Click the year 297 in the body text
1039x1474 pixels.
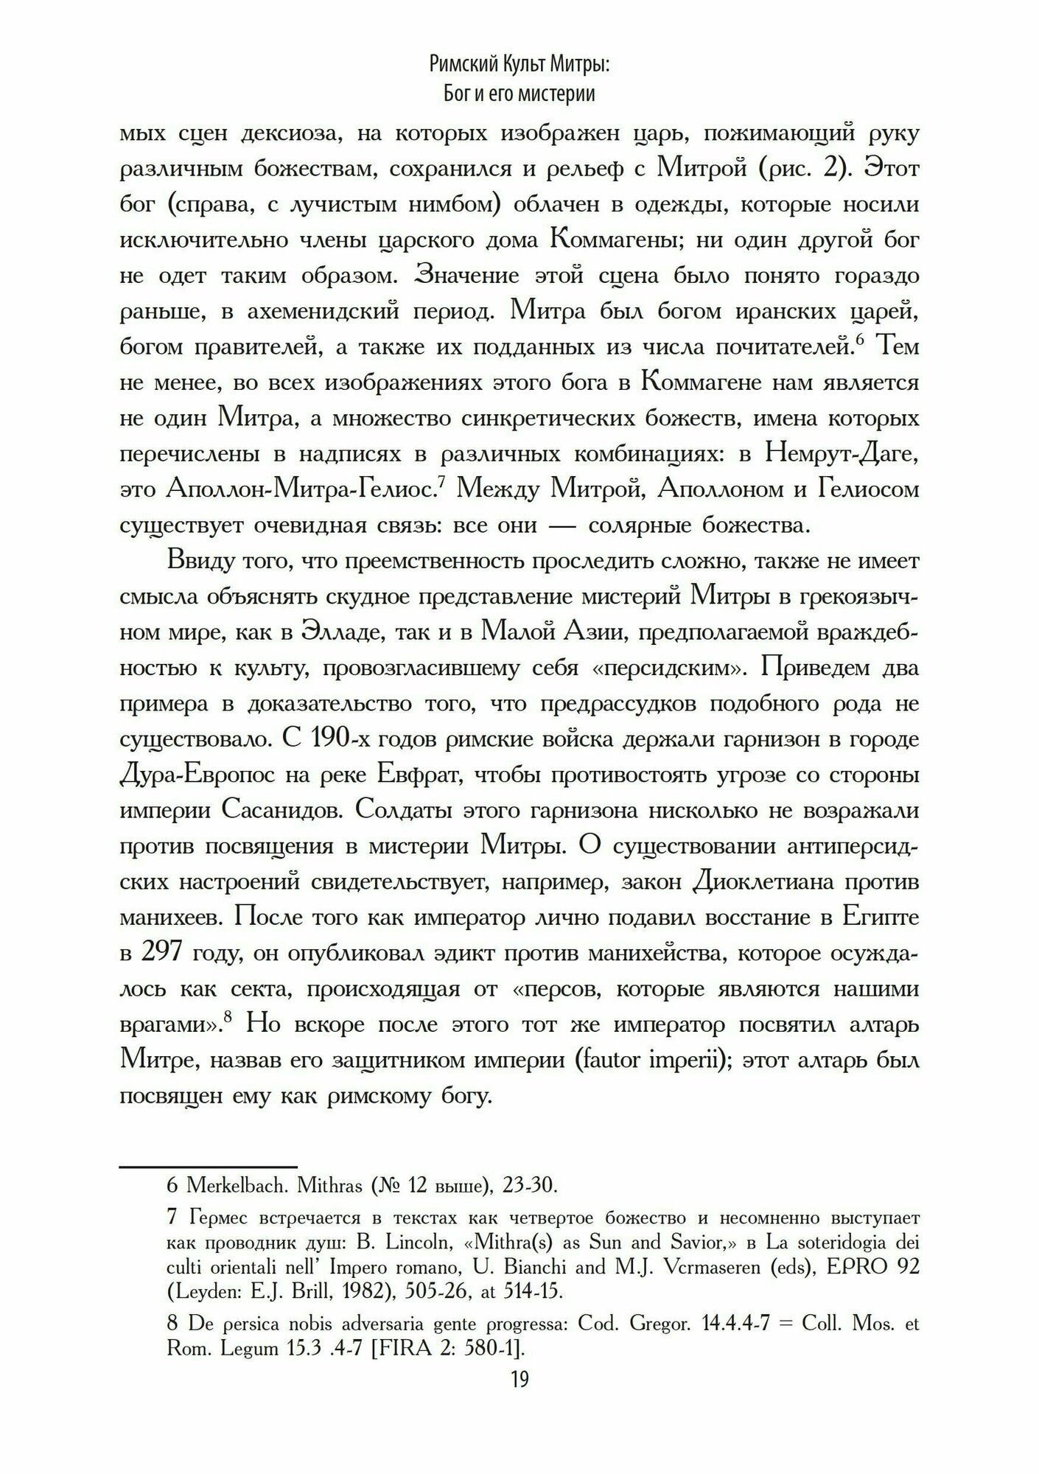pyautogui.click(x=161, y=953)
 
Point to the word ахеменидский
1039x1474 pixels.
pyautogui.click(x=315, y=311)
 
